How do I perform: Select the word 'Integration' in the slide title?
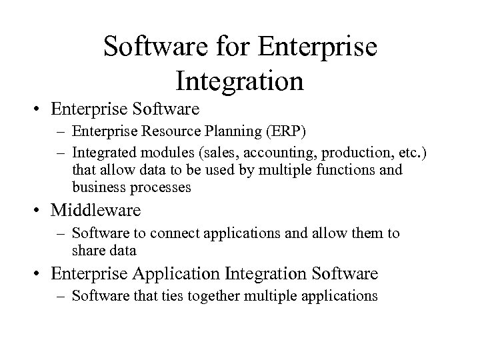[x=240, y=80]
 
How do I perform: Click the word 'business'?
[x=94, y=188]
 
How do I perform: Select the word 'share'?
[x=87, y=251]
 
